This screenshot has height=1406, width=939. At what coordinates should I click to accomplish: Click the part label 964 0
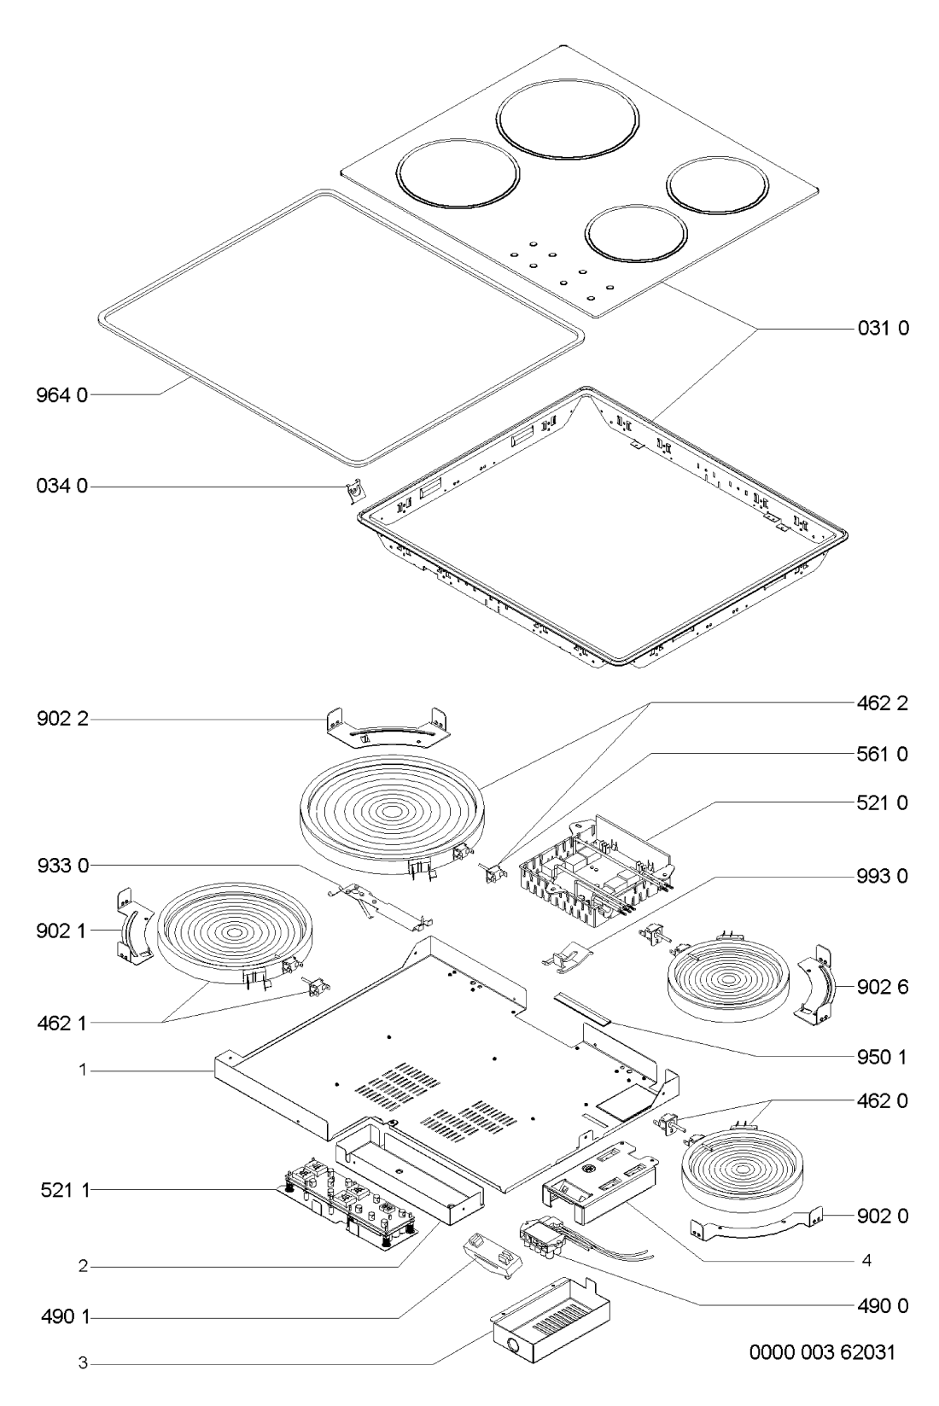pos(62,395)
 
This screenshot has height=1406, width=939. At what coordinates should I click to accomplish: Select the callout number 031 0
pos(883,328)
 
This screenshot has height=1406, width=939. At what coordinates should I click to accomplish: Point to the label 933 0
pos(62,866)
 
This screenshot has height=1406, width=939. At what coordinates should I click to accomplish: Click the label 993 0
pos(883,876)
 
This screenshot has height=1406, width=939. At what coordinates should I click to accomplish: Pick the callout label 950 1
pos(883,1057)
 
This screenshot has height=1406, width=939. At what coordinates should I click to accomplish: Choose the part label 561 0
pos(883,754)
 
